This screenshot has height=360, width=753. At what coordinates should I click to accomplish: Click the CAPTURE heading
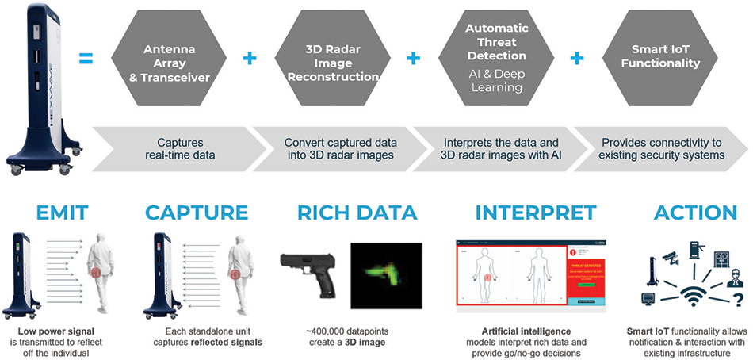click(197, 213)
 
